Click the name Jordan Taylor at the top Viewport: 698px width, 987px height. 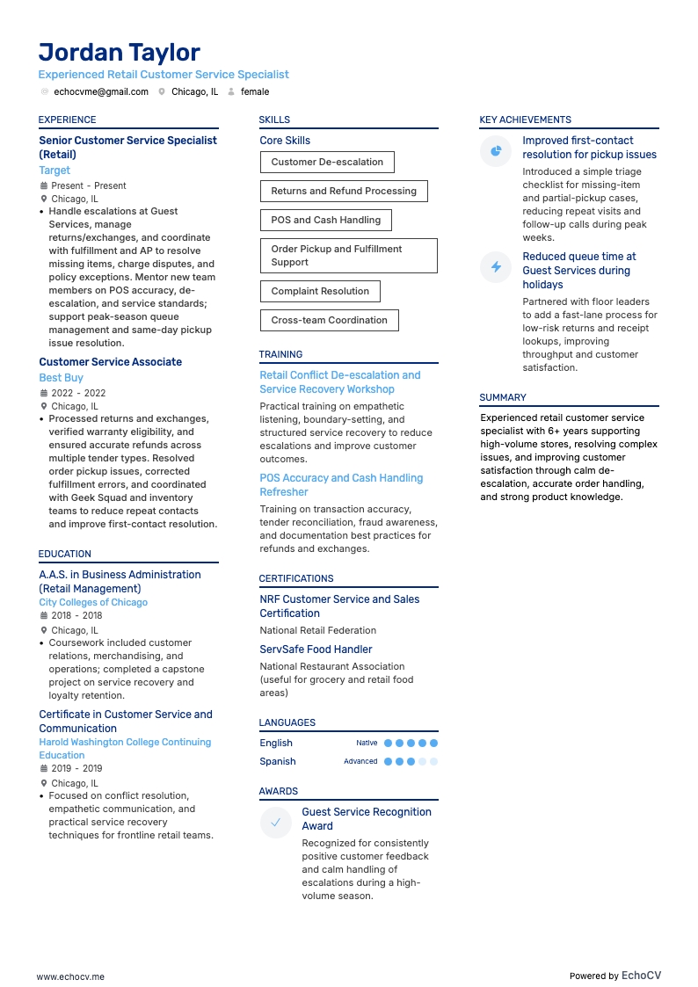(120, 53)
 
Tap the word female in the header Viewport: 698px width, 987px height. (255, 91)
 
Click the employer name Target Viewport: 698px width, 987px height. (55, 171)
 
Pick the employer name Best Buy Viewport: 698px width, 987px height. (62, 378)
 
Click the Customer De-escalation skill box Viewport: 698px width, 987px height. (327, 162)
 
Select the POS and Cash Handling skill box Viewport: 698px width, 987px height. (325, 220)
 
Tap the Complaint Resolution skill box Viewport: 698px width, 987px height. (320, 291)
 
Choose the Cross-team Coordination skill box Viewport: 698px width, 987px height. (329, 320)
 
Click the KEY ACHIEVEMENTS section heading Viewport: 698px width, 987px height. (525, 120)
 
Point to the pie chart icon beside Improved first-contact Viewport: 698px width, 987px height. (496, 151)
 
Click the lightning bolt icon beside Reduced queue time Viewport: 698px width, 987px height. (496, 267)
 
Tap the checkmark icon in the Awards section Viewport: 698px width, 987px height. (276, 823)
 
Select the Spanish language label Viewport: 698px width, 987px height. (278, 761)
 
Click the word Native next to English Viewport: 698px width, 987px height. (367, 743)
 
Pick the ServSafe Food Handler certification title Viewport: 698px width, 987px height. (316, 650)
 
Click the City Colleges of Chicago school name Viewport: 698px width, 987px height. (93, 603)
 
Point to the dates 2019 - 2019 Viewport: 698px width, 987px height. (76, 768)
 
